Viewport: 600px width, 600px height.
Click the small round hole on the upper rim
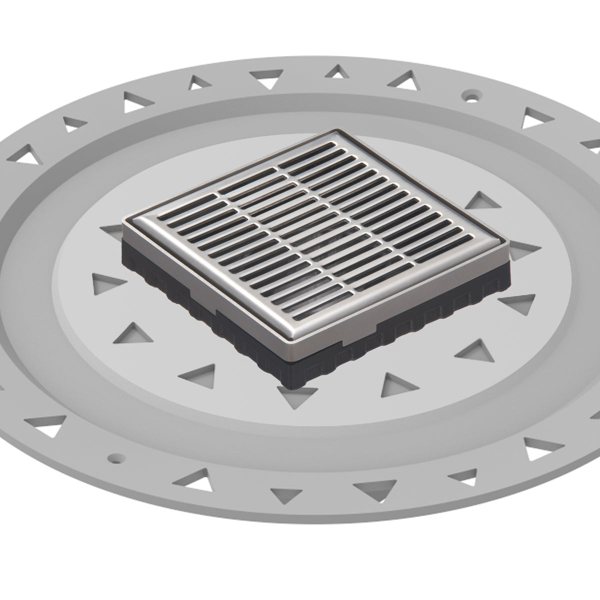470,93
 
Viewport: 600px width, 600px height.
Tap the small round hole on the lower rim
116,457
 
